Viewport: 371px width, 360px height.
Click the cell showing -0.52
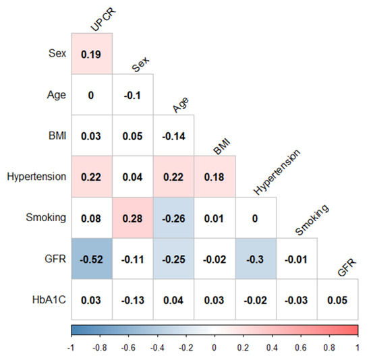(92, 258)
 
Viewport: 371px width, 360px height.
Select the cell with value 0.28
(133, 217)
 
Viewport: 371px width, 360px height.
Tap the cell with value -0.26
(174, 217)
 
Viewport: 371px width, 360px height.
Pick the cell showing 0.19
(92, 53)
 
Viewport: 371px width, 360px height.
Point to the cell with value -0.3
(256, 258)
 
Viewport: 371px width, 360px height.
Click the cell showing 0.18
(215, 177)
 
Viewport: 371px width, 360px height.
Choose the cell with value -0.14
(174, 136)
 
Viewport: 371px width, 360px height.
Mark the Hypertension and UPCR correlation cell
(92, 177)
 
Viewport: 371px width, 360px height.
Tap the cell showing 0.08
(92, 217)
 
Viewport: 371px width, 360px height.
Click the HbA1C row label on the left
(49, 299)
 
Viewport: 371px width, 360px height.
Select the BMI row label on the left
(56, 136)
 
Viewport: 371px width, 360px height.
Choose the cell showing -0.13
(133, 299)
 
